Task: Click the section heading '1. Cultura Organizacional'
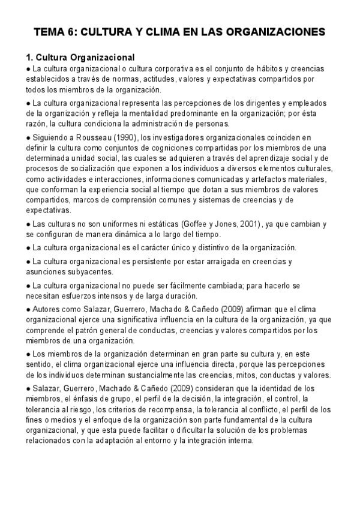pyautogui.click(x=80, y=58)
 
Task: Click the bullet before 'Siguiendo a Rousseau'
pyautogui.click(x=29, y=137)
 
